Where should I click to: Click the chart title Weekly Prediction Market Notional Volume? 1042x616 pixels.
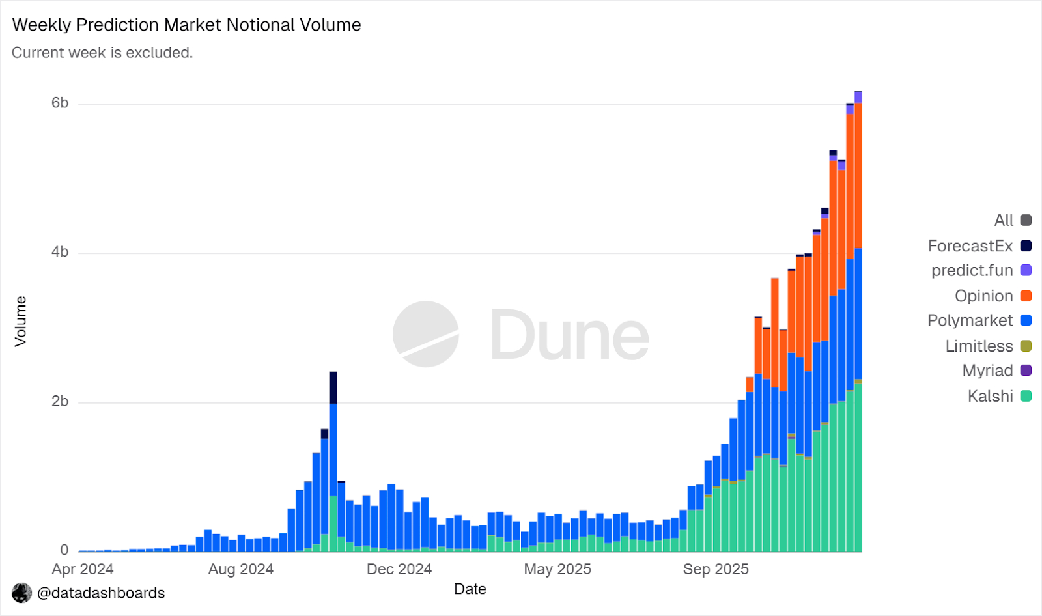186,25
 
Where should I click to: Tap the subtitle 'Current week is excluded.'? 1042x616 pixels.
102,53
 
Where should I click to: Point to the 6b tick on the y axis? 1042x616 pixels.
60,103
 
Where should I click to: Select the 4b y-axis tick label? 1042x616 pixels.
60,252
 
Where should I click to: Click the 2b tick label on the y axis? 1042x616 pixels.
60,401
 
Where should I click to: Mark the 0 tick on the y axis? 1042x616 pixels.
64,550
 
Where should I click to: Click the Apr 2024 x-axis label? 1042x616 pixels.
83,569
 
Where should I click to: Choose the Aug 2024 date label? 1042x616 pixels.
241,569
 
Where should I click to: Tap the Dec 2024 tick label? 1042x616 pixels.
399,569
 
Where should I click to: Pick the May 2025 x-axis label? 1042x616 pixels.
557,569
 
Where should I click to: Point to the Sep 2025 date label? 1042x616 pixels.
716,569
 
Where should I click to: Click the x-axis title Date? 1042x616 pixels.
470,589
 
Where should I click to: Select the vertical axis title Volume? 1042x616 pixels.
21,321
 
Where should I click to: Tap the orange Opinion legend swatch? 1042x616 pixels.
1026,296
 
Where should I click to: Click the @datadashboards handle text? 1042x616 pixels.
101,593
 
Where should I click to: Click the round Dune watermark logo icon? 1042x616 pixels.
426,334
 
